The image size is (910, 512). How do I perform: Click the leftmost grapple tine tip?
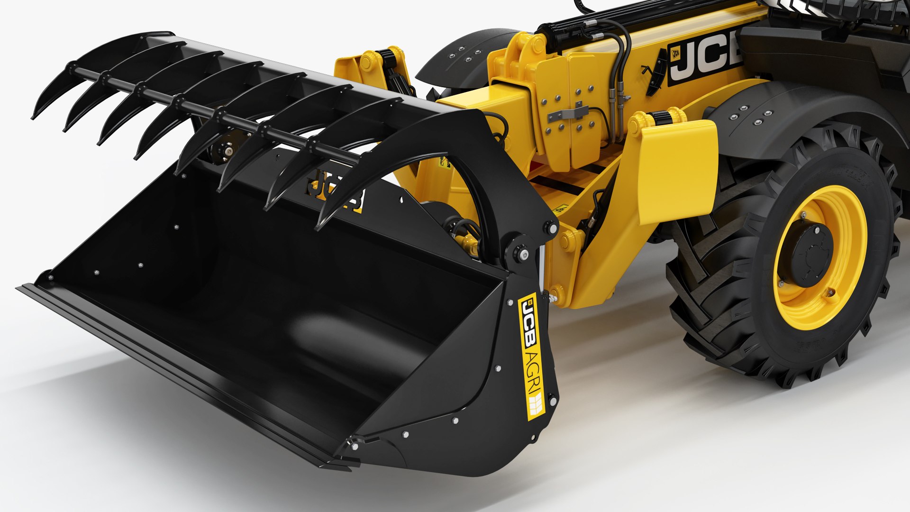35,116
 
